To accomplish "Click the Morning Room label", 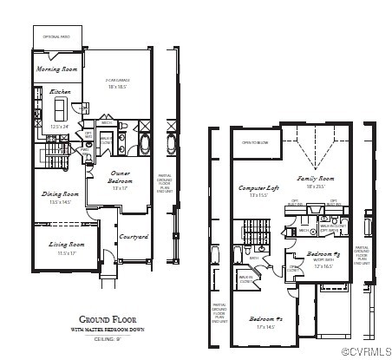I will (57, 69).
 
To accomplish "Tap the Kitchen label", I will (60, 91).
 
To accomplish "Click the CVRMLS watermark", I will (365, 352).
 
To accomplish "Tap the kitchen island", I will (61, 108).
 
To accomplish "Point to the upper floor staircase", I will (256, 232).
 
